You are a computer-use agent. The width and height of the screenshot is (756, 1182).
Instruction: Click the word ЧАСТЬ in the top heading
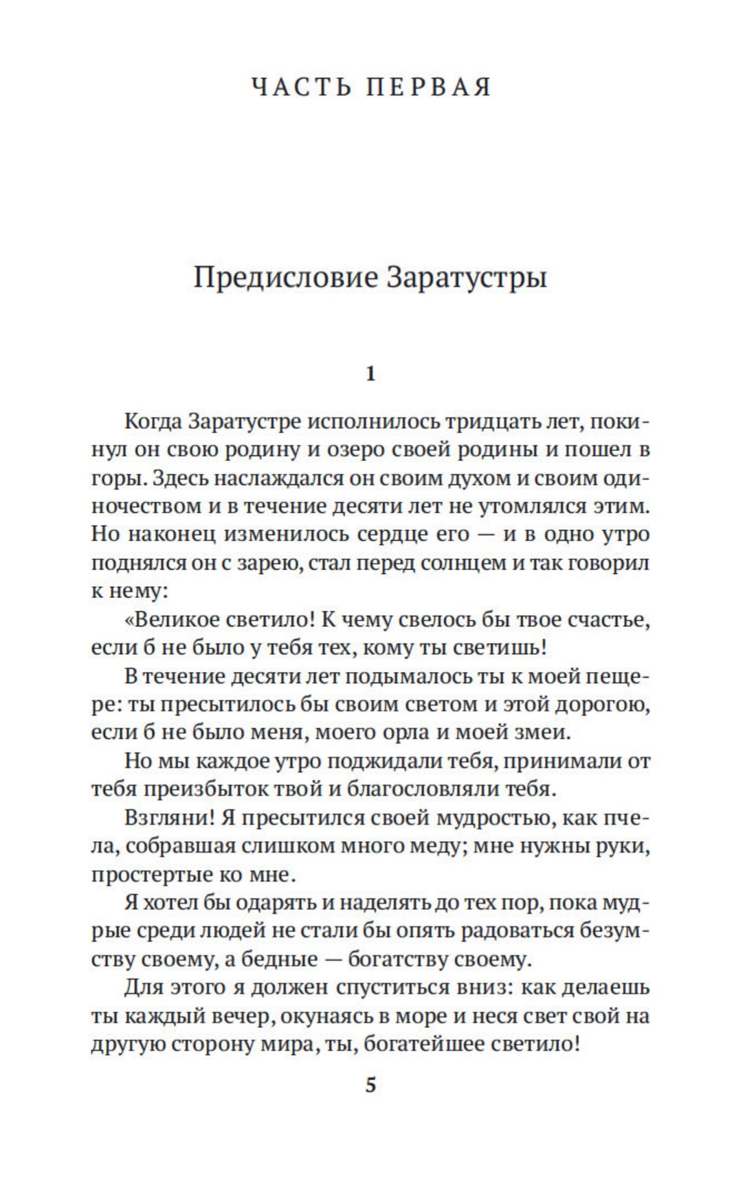pyautogui.click(x=299, y=88)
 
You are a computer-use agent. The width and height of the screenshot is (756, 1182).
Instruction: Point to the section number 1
pyautogui.click(x=370, y=375)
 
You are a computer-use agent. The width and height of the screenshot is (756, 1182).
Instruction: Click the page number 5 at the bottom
pyautogui.click(x=370, y=1086)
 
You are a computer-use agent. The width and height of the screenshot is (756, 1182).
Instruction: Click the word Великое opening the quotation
pyautogui.click(x=175, y=620)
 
